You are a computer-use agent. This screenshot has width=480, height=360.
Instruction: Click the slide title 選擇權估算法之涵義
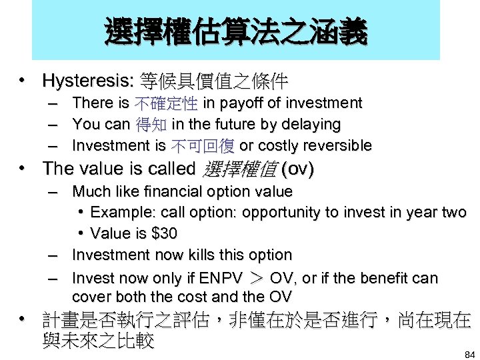pyautogui.click(x=235, y=31)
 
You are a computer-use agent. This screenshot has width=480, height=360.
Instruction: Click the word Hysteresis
pyautogui.click(x=87, y=81)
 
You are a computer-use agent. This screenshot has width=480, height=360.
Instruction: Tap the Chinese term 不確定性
pyautogui.click(x=165, y=103)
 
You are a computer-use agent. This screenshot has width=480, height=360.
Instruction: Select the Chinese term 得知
pyautogui.click(x=151, y=125)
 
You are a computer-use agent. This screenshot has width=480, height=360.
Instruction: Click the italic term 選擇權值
pyautogui.click(x=238, y=169)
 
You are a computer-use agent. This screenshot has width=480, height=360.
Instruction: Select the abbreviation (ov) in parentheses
pyautogui.click(x=297, y=169)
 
